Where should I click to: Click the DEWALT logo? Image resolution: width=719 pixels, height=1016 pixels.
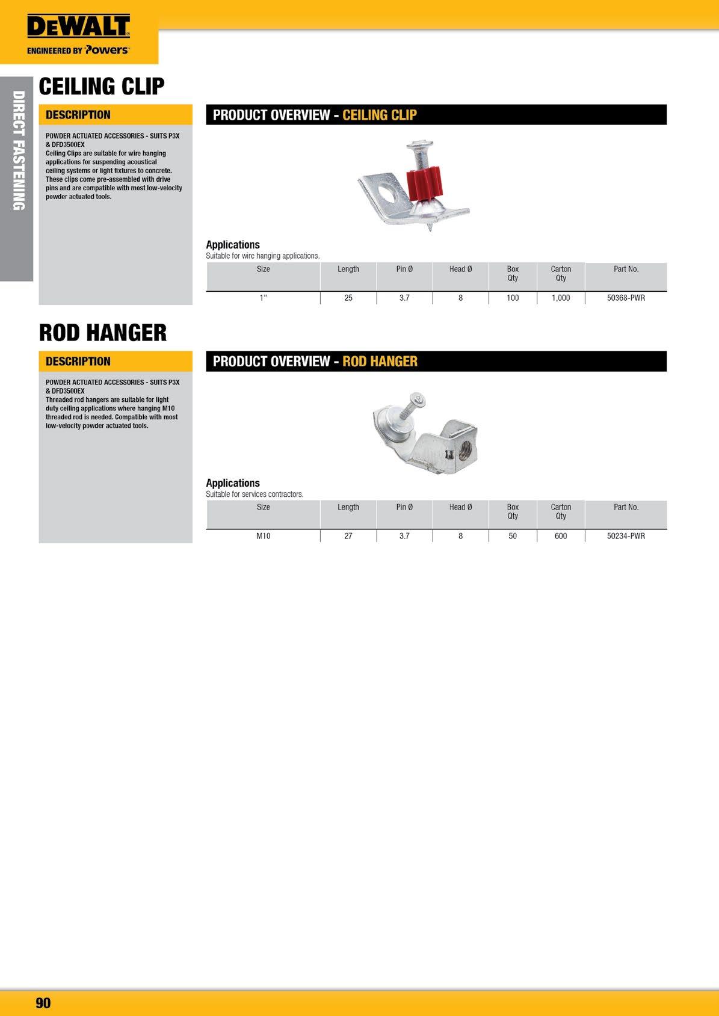pos(78,27)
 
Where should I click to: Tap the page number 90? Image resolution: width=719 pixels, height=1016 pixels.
pos(43,1002)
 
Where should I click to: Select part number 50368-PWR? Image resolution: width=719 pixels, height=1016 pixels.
pos(626,298)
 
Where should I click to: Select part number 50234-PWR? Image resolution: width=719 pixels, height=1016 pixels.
pos(626,536)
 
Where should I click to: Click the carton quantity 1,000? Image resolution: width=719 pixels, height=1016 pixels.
pos(561,298)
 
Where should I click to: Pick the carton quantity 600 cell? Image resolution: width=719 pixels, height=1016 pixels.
pos(561,536)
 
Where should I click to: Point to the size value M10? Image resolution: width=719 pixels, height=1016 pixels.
pos(263,536)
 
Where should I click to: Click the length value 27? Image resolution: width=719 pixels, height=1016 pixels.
pos(348,536)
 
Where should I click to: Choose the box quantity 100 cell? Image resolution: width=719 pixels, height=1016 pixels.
pos(513,298)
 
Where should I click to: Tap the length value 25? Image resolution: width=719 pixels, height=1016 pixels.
pos(348,298)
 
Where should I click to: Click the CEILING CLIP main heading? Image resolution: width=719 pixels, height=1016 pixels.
pos(102,87)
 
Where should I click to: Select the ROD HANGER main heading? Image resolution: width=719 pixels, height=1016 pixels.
pos(103,333)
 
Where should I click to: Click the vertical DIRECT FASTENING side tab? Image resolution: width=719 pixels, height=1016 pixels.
pos(18,150)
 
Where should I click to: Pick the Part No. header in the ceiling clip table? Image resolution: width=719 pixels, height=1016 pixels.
pos(626,269)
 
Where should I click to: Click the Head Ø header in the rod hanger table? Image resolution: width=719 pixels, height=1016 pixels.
pos(460,507)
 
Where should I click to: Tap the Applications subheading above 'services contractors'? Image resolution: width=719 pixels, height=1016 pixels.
pos(233,483)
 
